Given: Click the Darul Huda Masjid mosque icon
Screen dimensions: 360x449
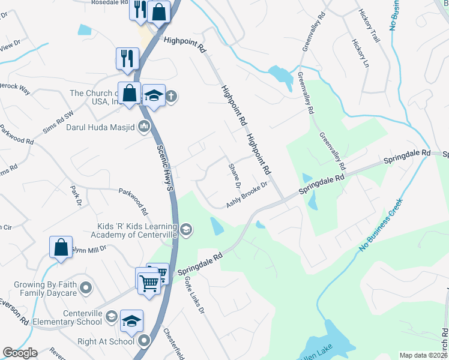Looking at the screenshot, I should pyautogui.click(x=143, y=126).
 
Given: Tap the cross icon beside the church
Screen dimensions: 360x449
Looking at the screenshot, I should pyautogui.click(x=171, y=95).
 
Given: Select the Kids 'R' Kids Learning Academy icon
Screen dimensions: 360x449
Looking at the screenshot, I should pyautogui.click(x=186, y=229).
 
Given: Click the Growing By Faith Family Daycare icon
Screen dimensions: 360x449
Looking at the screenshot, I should pyautogui.click(x=86, y=288).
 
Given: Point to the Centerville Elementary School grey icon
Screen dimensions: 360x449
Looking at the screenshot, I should pyautogui.click(x=111, y=316).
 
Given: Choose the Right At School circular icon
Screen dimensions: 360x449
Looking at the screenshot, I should pyautogui.click(x=144, y=341).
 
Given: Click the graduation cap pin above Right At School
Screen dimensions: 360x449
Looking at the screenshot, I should pyautogui.click(x=131, y=321).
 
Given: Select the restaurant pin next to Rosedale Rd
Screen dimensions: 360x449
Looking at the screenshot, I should pyautogui.click(x=140, y=10).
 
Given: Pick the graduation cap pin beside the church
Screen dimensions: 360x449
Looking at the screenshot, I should pyautogui.click(x=154, y=95).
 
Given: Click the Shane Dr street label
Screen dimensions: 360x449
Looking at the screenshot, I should pyautogui.click(x=234, y=174).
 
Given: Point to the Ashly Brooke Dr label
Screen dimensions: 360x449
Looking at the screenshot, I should pyautogui.click(x=246, y=195).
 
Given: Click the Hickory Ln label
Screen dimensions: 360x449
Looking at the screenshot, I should pyautogui.click(x=358, y=55).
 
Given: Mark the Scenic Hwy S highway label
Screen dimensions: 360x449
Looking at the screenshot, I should pyautogui.click(x=165, y=168).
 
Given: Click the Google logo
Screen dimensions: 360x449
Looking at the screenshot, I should pyautogui.click(x=20, y=353).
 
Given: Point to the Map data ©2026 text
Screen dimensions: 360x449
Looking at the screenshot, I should pyautogui.click(x=423, y=355).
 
